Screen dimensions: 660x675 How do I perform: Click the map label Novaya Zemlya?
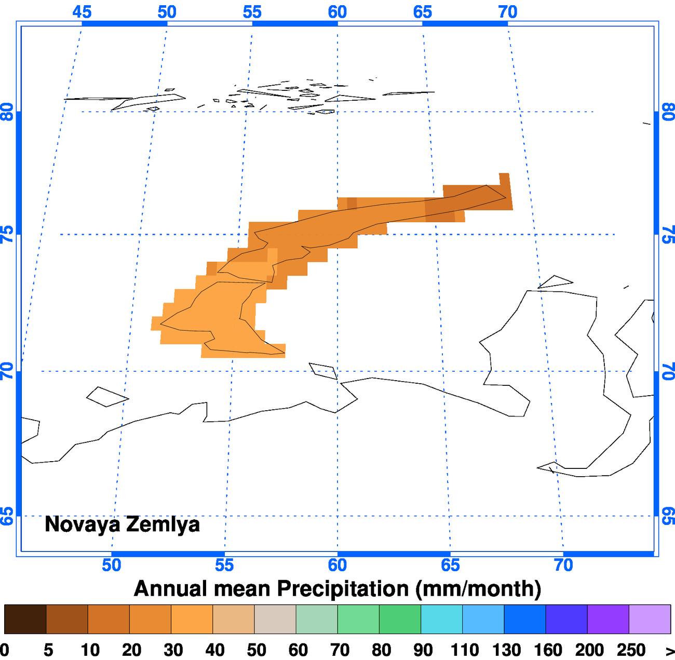tap(122, 524)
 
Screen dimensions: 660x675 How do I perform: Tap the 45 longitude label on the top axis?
tap(82, 11)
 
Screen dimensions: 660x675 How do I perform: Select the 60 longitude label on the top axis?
tap(337, 11)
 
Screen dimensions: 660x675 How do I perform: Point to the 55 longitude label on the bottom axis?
tap(224, 565)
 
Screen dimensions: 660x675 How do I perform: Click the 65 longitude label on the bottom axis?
tap(450, 565)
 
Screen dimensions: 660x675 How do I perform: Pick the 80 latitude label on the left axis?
tap(7, 112)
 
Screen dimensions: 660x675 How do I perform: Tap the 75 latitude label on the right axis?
tap(668, 235)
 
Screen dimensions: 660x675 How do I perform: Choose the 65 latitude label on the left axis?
tap(7, 516)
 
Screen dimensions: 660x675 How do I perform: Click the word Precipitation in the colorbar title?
tap(343, 589)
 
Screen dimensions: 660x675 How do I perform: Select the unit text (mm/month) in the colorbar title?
tap(478, 589)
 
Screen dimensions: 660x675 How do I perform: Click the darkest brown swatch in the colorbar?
tap(25, 619)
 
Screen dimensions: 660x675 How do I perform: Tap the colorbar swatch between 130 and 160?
tap(524, 619)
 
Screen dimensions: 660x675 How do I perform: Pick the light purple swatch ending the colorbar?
tap(650, 619)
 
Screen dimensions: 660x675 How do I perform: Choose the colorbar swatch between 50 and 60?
tap(275, 619)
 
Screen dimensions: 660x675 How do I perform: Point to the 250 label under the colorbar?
tap(631, 650)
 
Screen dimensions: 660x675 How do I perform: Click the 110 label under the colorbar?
tap(464, 650)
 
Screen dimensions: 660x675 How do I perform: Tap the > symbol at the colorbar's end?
tap(670, 650)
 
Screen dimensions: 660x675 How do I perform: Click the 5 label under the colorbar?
tap(48, 650)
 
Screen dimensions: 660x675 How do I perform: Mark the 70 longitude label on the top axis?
tap(508, 11)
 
